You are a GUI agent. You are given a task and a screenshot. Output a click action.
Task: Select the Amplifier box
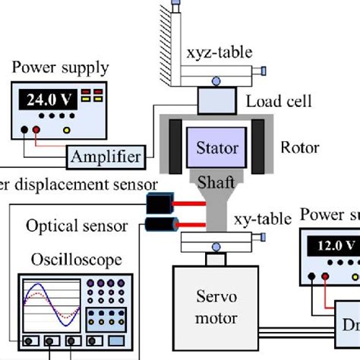point(106,157)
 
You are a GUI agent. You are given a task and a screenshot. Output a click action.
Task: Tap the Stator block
point(217,148)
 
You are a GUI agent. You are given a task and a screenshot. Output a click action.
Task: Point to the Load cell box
point(218,99)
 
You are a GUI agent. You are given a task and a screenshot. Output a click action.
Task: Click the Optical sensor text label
point(74,226)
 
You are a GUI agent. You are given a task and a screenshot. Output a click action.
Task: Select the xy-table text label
point(263,220)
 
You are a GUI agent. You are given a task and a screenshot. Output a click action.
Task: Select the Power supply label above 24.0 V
point(61,68)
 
